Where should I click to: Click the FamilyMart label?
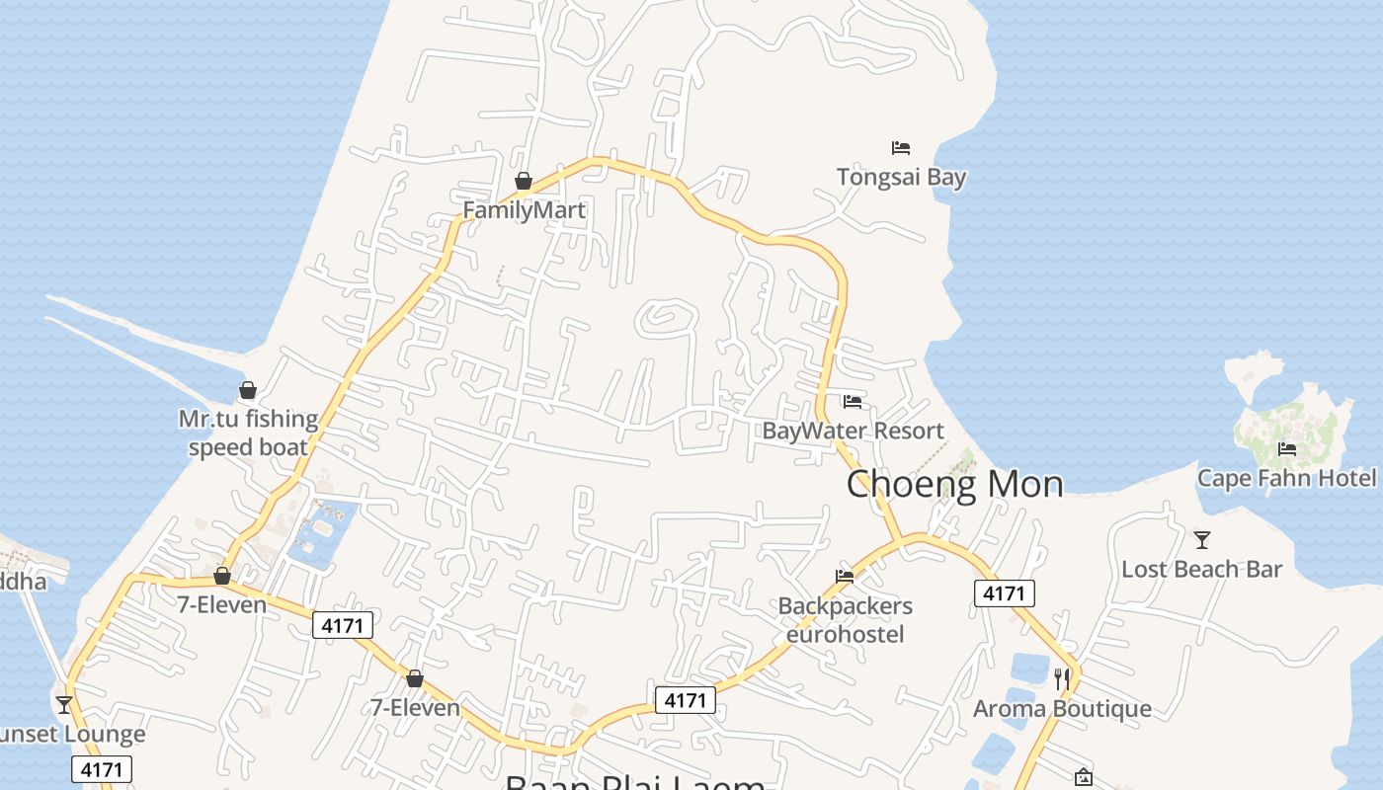point(524,210)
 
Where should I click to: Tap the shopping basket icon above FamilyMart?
point(524,181)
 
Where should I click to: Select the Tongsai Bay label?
point(901,178)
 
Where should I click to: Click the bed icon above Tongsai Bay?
point(901,148)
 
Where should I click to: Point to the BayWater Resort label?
point(853,432)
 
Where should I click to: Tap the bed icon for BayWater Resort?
point(853,401)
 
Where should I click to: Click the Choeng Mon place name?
point(954,484)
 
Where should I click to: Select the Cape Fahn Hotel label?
point(1286,479)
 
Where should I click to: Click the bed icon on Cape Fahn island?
point(1286,448)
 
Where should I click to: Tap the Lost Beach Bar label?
point(1201,570)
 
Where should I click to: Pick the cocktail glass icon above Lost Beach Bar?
point(1202,540)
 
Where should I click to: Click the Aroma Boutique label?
point(1062,709)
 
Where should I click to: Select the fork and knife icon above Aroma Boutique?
point(1062,678)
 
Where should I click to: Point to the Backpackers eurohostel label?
point(845,619)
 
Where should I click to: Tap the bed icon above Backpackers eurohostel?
point(845,576)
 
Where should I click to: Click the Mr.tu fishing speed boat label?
point(248,433)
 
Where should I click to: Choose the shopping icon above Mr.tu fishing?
point(248,390)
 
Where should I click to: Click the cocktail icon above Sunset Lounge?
point(64,704)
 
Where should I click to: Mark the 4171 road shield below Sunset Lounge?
point(102,769)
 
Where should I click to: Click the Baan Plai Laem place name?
point(635,782)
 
